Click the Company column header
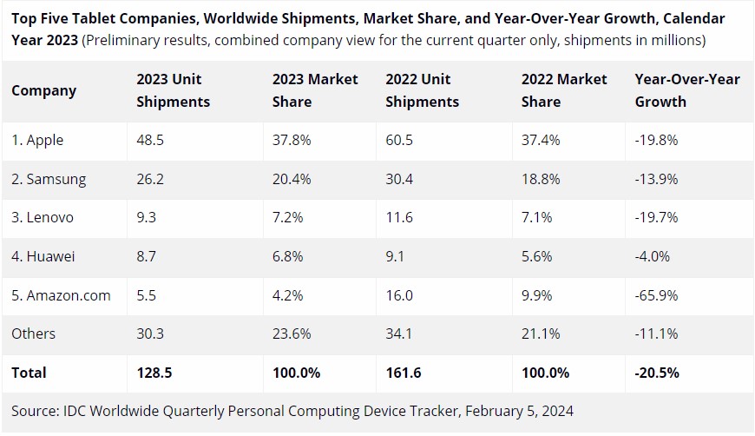44,90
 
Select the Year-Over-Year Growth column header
687,90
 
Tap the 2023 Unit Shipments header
174,90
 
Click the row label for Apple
37,140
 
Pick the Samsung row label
49,179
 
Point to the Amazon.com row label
61,295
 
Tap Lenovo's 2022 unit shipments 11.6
401,218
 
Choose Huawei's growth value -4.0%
653,257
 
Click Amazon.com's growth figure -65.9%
657,295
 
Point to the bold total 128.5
155,373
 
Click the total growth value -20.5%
657,373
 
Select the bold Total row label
29,373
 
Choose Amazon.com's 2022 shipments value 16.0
401,295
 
